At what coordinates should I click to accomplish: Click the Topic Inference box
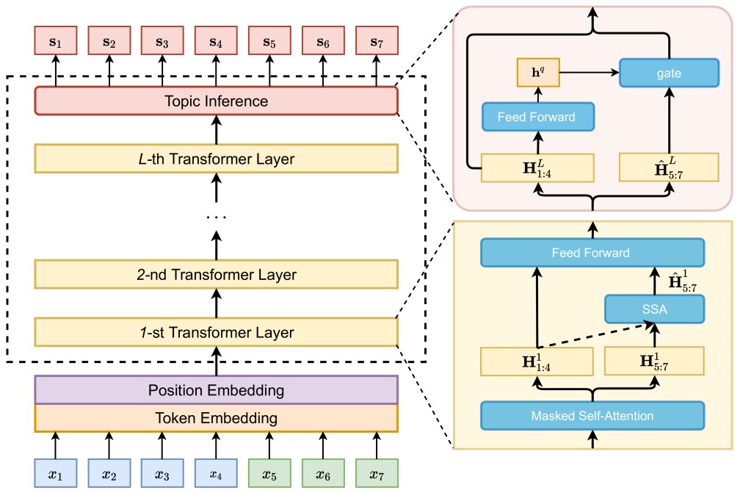[x=216, y=101]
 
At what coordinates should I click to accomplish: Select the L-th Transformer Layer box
[x=216, y=158]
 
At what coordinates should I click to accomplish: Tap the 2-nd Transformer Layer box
[x=216, y=274]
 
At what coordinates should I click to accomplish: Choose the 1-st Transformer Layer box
[x=216, y=332]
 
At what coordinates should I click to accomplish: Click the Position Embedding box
[x=216, y=389]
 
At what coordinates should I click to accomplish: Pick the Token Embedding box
[x=216, y=417]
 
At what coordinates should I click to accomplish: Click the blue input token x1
[x=56, y=473]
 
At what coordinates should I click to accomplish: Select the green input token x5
[x=269, y=473]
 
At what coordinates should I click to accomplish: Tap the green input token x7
[x=377, y=473]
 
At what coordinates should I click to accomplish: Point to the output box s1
[x=56, y=40]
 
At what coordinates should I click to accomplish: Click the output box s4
[x=216, y=40]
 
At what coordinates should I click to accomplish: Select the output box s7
[x=377, y=40]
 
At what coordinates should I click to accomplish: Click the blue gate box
[x=669, y=73]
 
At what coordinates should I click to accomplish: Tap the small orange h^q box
[x=538, y=73]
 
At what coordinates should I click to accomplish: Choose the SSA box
[x=654, y=309]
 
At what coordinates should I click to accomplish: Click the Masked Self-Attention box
[x=592, y=416]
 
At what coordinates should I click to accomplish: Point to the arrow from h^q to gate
[x=590, y=73]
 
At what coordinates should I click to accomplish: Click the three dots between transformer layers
[x=216, y=217]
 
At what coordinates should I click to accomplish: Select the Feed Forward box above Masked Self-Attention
[x=592, y=253]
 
